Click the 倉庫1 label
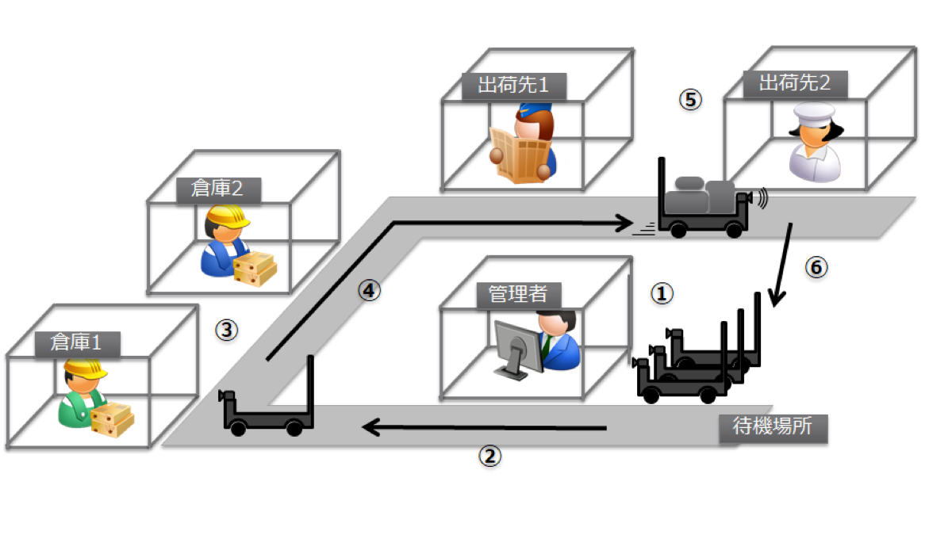pyautogui.click(x=77, y=342)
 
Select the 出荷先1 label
pyautogui.click(x=512, y=85)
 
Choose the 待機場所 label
pyautogui.click(x=773, y=427)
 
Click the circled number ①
pyautogui.click(x=662, y=293)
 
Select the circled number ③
pyautogui.click(x=227, y=330)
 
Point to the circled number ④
pyautogui.click(x=368, y=290)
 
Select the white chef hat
pyautogui.click(x=808, y=112)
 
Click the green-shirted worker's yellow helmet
pyautogui.click(x=85, y=369)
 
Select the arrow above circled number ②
pyautogui.click(x=484, y=428)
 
